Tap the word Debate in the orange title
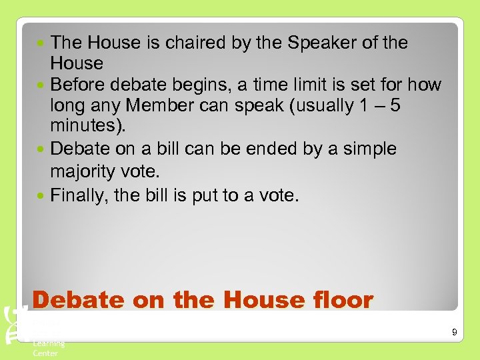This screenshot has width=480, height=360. pos(79,301)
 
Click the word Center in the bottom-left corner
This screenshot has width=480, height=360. pos(45,353)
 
